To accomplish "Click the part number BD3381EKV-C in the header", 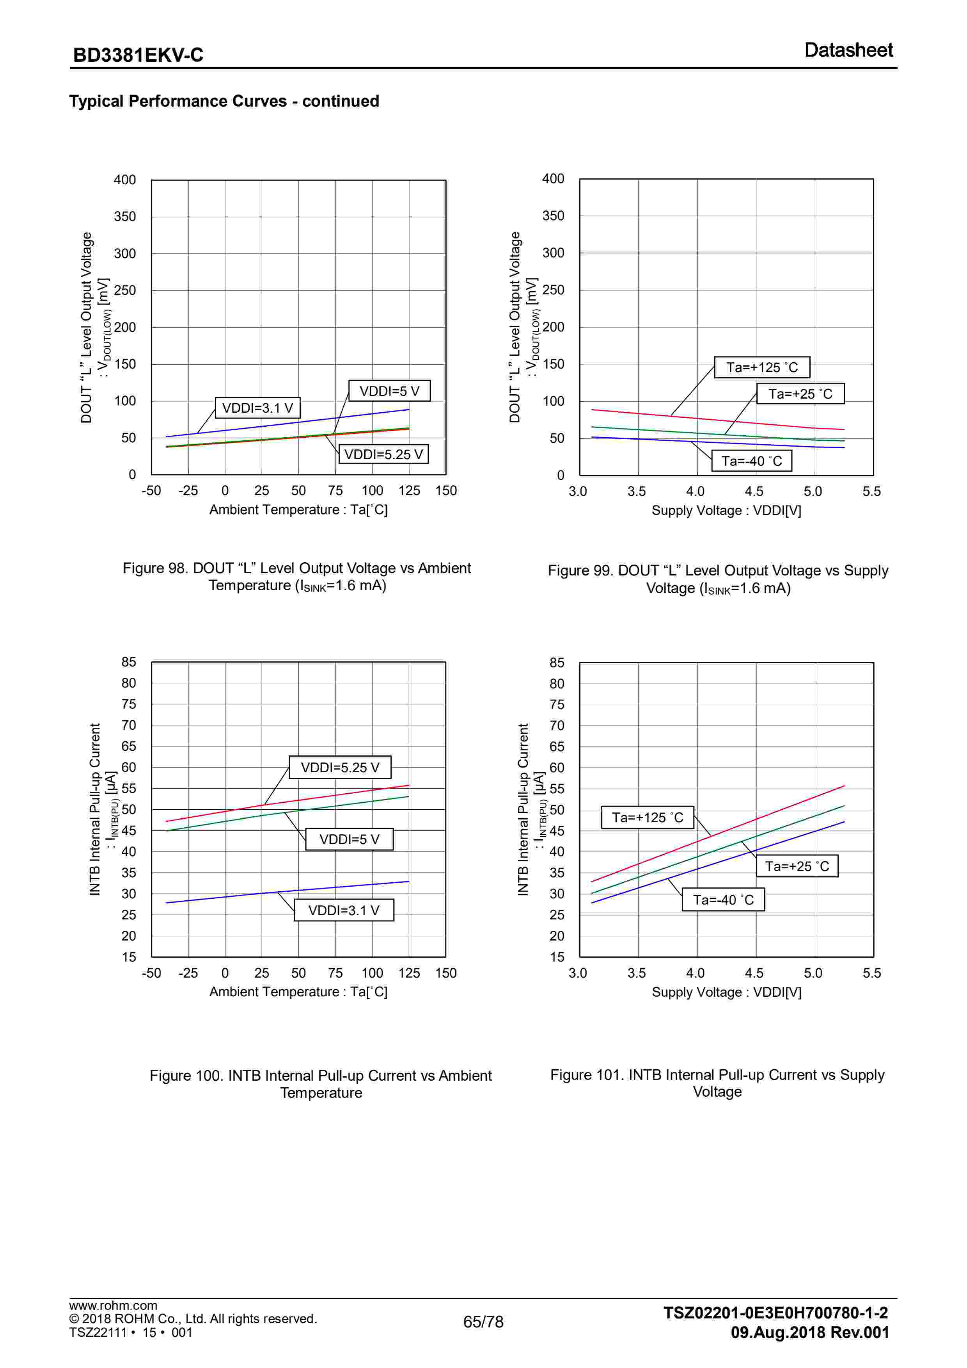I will [138, 55].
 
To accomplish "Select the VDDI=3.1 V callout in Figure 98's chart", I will [257, 408].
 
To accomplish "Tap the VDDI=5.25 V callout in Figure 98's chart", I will [383, 454].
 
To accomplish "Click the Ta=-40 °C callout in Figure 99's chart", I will [751, 461].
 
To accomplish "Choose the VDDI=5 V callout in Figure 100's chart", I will [349, 839].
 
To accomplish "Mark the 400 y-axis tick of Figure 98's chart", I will [125, 180].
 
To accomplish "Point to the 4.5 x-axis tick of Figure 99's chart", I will [754, 492].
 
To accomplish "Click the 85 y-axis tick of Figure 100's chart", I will [129, 662].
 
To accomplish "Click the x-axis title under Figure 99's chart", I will [726, 511].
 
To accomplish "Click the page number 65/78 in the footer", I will [483, 1322].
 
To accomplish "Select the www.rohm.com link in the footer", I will [113, 1306].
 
